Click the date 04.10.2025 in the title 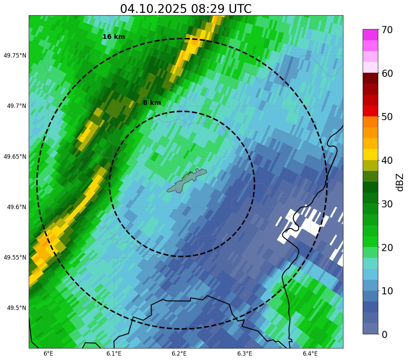tap(153, 9)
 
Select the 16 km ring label tap(114, 37)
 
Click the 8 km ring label tap(152, 103)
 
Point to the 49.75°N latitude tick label tap(15, 55)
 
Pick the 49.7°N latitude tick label tap(16, 106)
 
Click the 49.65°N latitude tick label tap(15, 157)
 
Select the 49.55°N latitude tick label tap(15, 257)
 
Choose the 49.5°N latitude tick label tap(16, 308)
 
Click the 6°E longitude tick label tap(48, 354)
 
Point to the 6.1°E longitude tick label tap(114, 354)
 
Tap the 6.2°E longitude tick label tap(179, 354)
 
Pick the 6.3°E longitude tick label tap(245, 354)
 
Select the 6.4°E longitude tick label tap(310, 354)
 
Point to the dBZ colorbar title tap(400, 182)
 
